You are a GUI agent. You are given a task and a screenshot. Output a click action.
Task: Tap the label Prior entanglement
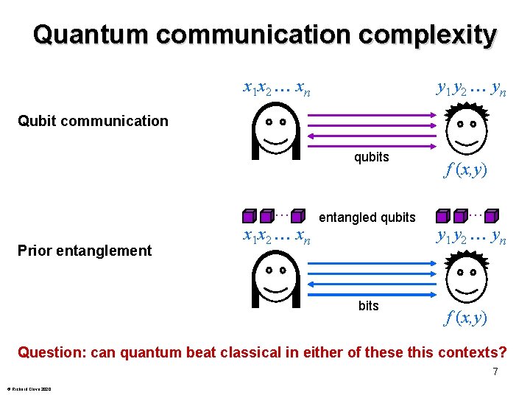coord(84,251)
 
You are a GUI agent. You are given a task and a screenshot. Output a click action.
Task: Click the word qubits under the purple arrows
coord(371,156)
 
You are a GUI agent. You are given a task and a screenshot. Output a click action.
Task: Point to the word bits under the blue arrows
coord(368,305)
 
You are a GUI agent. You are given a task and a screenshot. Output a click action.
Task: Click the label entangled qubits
coord(367,217)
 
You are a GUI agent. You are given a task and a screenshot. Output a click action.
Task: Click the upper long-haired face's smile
coord(276,139)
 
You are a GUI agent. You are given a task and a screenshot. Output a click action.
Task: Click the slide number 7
coord(495,371)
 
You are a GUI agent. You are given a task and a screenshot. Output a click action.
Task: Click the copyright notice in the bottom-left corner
coord(29,388)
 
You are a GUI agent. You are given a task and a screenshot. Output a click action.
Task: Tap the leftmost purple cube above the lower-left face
coord(250,216)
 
